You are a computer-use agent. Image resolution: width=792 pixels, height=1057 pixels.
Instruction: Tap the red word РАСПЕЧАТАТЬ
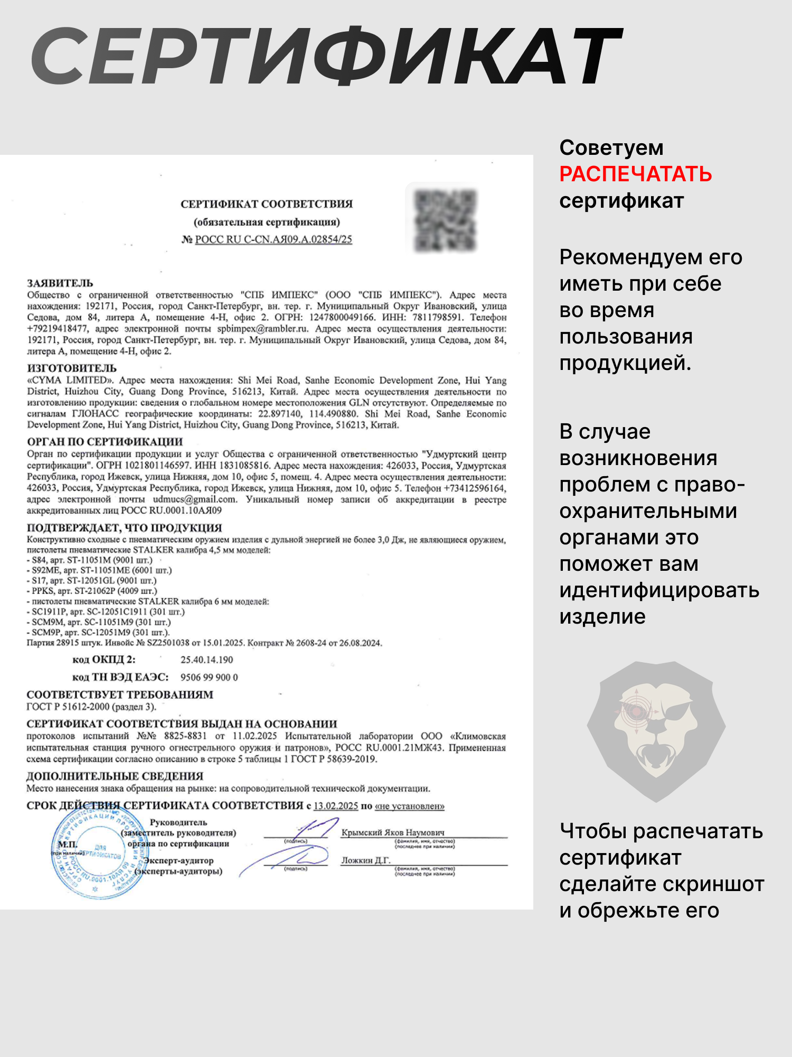pyautogui.click(x=636, y=174)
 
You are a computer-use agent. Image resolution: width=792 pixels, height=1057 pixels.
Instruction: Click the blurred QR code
pyautogui.click(x=445, y=220)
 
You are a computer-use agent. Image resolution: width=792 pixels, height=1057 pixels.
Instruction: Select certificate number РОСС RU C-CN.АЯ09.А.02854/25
pyautogui.click(x=274, y=239)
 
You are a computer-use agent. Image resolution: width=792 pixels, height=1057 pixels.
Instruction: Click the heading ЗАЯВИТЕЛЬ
pyautogui.click(x=60, y=283)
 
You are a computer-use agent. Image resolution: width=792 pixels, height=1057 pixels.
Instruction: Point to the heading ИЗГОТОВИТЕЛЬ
pyautogui.click(x=72, y=368)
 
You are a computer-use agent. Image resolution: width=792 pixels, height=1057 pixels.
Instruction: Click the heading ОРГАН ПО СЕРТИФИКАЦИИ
pyautogui.click(x=105, y=442)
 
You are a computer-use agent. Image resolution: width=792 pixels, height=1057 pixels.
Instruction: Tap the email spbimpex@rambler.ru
pyautogui.click(x=262, y=329)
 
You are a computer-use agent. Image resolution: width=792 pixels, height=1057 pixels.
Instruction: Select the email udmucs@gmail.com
pyautogui.click(x=194, y=499)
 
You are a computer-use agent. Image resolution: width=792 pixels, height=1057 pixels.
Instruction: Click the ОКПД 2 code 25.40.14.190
pyautogui.click(x=206, y=660)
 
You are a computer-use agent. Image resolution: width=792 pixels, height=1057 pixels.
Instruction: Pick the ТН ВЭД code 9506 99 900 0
pyautogui.click(x=209, y=678)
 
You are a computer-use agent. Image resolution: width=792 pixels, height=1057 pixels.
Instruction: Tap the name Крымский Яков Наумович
pyautogui.click(x=393, y=832)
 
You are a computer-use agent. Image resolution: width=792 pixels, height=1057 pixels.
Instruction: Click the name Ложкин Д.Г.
pyautogui.click(x=365, y=860)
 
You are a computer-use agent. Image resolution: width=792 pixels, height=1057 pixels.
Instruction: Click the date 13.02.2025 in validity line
pyautogui.click(x=336, y=806)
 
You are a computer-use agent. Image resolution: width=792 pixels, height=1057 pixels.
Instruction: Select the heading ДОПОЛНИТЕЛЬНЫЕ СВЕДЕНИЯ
pyautogui.click(x=115, y=776)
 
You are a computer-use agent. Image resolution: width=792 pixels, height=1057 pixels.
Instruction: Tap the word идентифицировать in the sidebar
pyautogui.click(x=659, y=590)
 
